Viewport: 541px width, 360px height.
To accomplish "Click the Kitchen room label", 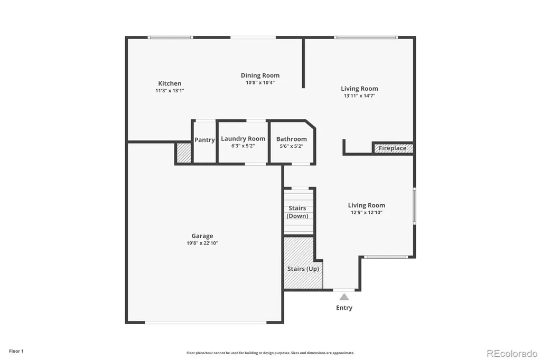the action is click(170, 83).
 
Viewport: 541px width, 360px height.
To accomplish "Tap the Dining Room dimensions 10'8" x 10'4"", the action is click(260, 83).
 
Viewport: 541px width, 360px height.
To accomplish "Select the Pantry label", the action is click(204, 140).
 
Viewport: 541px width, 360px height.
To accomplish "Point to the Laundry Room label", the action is click(243, 139).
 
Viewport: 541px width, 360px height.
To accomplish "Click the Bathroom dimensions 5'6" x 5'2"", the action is click(292, 146).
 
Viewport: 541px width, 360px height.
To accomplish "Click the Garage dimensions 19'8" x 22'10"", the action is click(202, 243).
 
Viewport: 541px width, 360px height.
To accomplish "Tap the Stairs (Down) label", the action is click(297, 212).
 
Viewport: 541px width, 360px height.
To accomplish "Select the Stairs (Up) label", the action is click(303, 269).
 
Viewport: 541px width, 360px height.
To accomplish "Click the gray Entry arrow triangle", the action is click(344, 297).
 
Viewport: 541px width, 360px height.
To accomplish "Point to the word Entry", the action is click(344, 308).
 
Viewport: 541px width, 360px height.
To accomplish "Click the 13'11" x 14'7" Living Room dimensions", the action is click(359, 96).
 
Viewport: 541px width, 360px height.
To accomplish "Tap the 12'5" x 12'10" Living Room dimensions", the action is click(367, 213).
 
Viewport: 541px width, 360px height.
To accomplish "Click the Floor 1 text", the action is click(16, 351).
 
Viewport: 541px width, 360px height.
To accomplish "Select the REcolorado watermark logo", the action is click(512, 354).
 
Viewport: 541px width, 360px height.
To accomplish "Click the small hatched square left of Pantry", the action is click(184, 153).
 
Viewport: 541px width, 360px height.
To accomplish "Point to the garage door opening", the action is click(206, 323).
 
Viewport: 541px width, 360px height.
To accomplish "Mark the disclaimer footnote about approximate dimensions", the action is click(270, 353).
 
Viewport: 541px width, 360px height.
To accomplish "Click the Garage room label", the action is click(202, 236).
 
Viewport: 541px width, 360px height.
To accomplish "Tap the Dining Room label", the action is click(260, 75).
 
